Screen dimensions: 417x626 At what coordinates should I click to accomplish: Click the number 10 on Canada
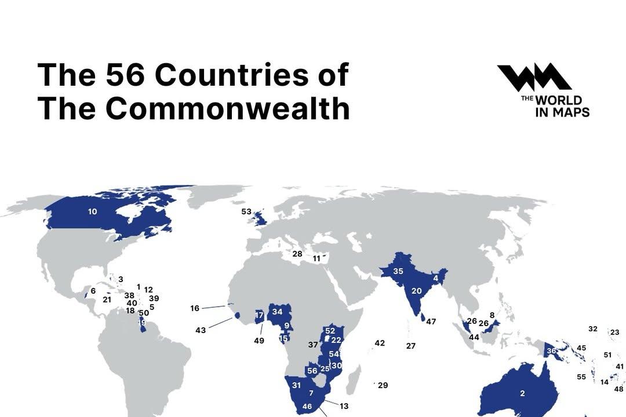(93, 212)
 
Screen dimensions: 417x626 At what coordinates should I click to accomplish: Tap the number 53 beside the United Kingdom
(246, 212)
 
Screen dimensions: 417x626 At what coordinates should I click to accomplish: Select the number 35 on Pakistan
(398, 272)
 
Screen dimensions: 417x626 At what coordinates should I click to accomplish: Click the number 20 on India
(416, 291)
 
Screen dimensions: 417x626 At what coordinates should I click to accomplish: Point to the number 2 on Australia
(522, 394)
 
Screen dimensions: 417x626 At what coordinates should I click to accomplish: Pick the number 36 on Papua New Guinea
(552, 351)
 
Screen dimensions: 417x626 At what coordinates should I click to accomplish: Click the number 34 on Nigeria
(277, 312)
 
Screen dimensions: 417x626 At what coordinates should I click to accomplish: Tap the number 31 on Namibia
(296, 386)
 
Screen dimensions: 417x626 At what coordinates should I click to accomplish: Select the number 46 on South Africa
(307, 407)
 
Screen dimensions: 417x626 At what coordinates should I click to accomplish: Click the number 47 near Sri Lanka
(431, 322)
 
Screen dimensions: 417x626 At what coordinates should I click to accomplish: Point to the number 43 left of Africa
(201, 330)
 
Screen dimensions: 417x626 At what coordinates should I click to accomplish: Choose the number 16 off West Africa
(195, 309)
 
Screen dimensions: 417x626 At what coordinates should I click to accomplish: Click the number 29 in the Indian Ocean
(383, 386)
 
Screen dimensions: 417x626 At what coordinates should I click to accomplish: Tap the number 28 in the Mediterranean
(297, 254)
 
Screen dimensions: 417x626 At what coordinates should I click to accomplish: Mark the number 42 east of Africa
(380, 343)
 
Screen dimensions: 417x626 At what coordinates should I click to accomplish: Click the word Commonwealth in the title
(227, 109)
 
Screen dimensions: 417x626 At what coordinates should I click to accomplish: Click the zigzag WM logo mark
(533, 77)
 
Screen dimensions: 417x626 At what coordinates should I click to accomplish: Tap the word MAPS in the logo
(570, 111)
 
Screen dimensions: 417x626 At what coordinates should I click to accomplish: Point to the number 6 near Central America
(93, 291)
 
